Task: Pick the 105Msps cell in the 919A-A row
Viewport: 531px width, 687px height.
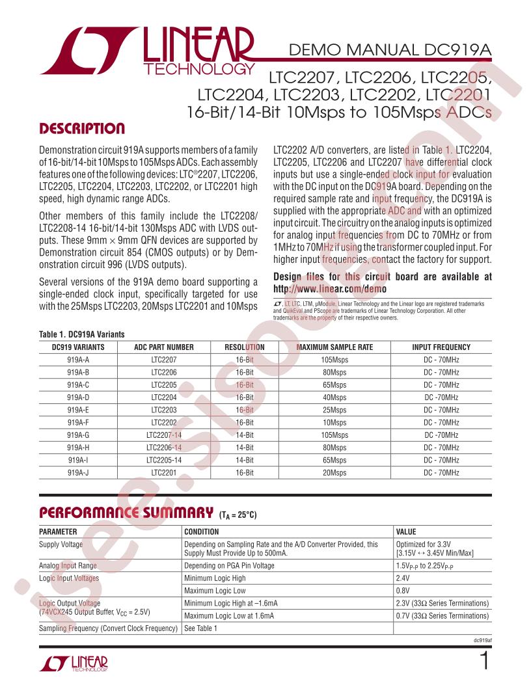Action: point(334,359)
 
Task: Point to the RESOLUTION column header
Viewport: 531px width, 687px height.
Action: point(244,347)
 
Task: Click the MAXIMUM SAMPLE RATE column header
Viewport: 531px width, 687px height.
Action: point(334,347)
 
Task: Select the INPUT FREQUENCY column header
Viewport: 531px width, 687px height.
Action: point(441,347)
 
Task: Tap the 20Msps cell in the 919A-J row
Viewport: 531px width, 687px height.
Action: point(334,473)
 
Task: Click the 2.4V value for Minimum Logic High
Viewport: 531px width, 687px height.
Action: point(403,578)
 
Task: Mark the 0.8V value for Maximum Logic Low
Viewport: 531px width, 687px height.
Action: point(403,591)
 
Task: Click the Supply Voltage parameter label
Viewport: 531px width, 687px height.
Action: point(61,543)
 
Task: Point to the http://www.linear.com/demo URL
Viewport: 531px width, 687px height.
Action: point(329,289)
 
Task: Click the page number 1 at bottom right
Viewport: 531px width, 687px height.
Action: point(483,664)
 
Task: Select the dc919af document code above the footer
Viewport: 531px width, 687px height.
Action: point(481,641)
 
